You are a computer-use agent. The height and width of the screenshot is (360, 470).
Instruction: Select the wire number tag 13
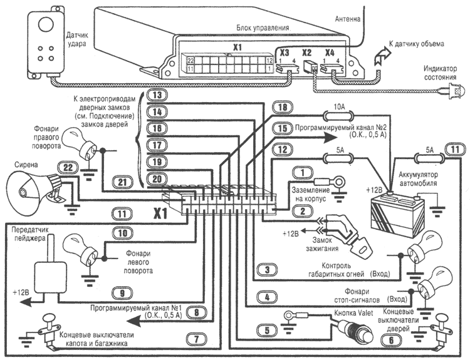pos(158,95)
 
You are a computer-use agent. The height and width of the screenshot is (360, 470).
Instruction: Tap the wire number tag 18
pos(283,108)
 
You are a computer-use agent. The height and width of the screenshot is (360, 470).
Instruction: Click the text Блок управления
pos(263,28)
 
